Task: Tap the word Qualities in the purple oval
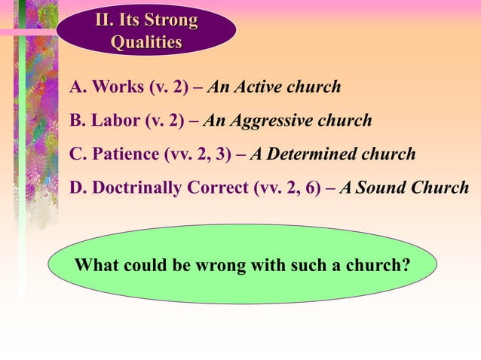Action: [146, 42]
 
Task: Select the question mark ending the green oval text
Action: [406, 265]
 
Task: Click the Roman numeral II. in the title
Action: [103, 20]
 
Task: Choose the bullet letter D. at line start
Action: [78, 187]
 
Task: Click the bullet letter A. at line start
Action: [78, 87]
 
